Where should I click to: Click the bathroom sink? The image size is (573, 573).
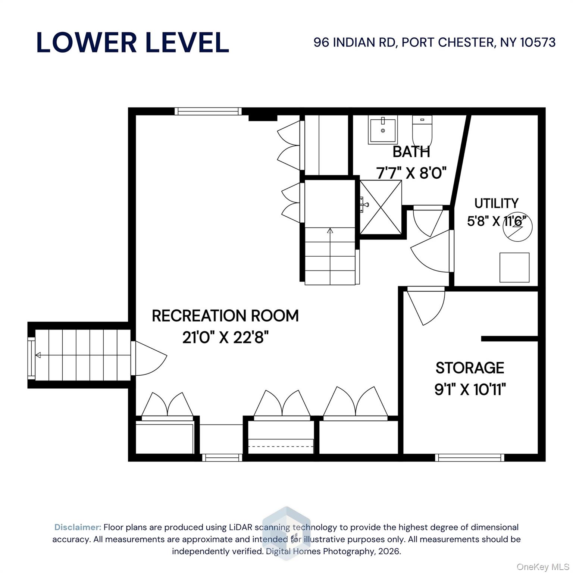tap(383, 129)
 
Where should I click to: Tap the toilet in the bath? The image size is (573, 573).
tap(422, 131)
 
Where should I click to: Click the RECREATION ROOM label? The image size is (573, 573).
tap(225, 316)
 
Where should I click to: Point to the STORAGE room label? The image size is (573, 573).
tap(470, 368)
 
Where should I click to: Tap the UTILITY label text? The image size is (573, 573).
tap(496, 203)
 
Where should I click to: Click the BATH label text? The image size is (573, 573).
tap(411, 152)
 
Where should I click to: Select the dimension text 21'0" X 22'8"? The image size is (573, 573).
tap(225, 338)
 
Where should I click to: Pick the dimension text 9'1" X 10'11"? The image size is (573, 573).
tap(470, 390)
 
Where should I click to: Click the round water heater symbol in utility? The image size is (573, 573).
tap(518, 226)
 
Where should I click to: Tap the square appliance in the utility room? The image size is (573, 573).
tap(514, 267)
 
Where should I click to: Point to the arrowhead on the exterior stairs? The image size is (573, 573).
tap(38, 355)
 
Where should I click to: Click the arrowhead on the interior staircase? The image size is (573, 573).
tap(330, 231)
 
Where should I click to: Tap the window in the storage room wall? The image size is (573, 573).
tap(470, 457)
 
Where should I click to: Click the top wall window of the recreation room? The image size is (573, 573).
tap(208, 111)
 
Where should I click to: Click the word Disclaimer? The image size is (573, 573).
tap(78, 527)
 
